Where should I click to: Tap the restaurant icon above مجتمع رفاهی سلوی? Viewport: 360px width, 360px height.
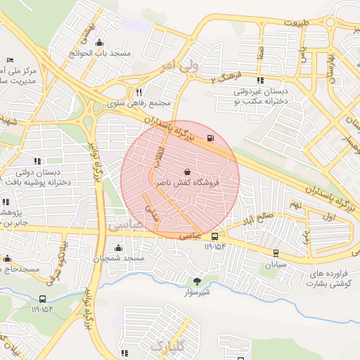pyautogui.click(x=139, y=92)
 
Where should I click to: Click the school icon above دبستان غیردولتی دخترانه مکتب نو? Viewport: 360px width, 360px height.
pyautogui.click(x=261, y=80)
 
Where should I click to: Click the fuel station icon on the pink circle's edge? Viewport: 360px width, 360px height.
pyautogui.click(x=211, y=137)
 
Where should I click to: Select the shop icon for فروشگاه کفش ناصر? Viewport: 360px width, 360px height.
pyautogui.click(x=187, y=171)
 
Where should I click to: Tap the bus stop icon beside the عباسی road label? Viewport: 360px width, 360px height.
pyautogui.click(x=214, y=236)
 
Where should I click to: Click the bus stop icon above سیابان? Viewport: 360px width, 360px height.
pyautogui.click(x=275, y=254)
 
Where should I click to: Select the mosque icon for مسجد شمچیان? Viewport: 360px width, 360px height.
pyautogui.click(x=117, y=247)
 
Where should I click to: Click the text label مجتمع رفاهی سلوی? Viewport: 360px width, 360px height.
pyautogui.click(x=146, y=103)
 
